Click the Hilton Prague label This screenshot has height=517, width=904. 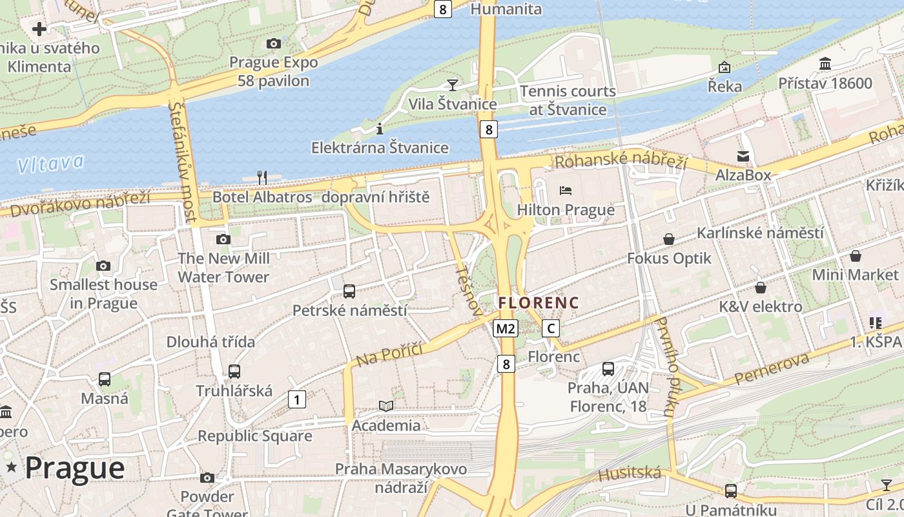(x=566, y=210)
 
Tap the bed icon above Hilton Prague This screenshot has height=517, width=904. (x=566, y=191)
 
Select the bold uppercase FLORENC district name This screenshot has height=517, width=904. (x=539, y=302)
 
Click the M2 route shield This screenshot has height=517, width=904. (x=506, y=328)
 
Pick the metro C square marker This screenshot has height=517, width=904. (x=551, y=328)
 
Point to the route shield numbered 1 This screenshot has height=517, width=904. (x=296, y=399)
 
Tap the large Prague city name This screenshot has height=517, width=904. (x=74, y=468)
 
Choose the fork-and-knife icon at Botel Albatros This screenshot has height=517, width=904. (x=262, y=177)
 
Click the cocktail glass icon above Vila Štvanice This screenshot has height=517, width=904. (x=453, y=85)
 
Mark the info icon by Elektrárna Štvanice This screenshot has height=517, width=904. (x=380, y=128)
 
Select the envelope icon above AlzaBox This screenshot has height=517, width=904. (x=743, y=156)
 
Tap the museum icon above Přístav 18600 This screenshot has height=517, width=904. (x=825, y=64)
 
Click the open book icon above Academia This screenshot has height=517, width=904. (x=386, y=406)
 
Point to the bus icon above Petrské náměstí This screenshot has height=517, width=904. (x=349, y=291)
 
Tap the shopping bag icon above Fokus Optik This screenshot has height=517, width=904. (x=669, y=239)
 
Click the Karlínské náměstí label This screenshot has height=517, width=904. (x=760, y=233)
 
